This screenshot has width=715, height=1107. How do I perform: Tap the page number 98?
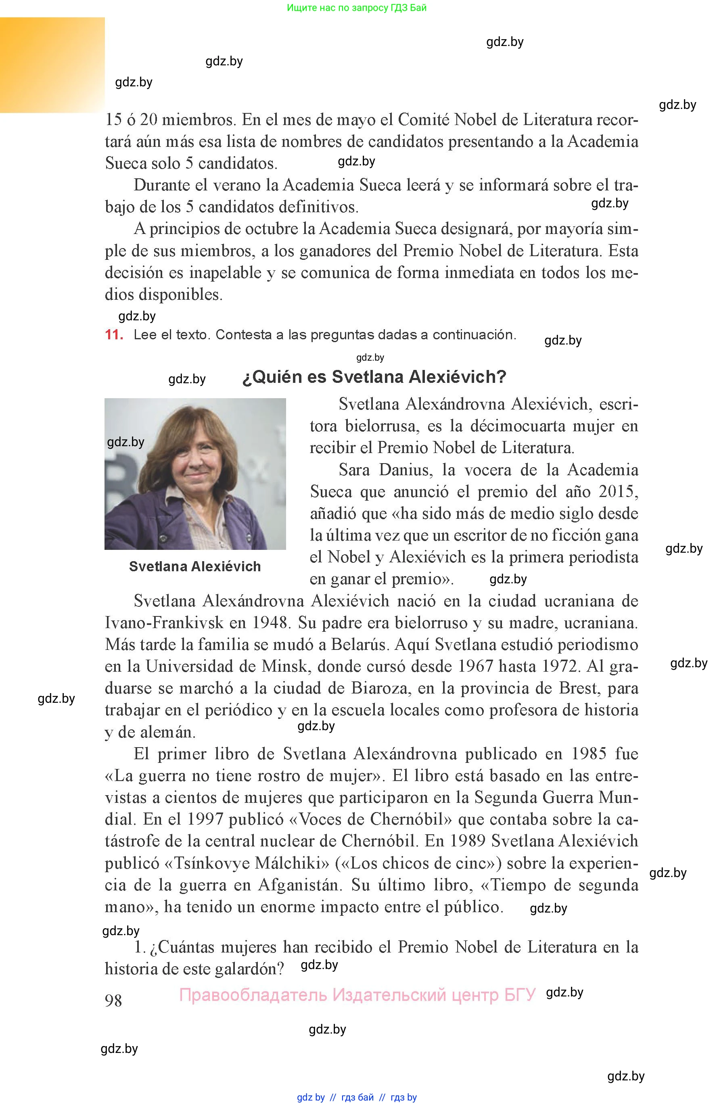[x=113, y=1000]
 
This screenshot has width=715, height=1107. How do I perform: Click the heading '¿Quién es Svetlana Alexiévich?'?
[x=374, y=376]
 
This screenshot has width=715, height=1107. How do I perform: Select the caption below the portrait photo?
[x=194, y=566]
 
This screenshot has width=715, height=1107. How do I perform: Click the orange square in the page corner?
[x=52, y=65]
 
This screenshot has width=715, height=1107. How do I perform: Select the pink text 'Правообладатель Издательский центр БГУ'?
[x=357, y=995]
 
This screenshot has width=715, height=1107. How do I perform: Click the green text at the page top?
[x=357, y=7]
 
